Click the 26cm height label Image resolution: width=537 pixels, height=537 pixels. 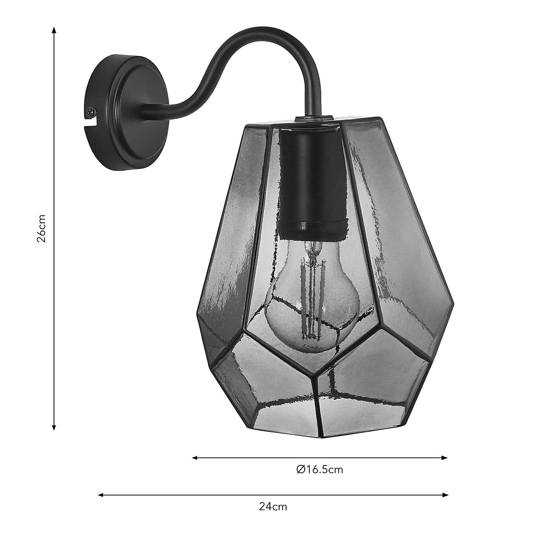click(42, 228)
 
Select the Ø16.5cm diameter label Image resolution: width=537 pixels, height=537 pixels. click(320, 469)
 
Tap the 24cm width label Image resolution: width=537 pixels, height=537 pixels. click(273, 506)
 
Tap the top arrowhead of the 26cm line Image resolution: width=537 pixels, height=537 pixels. click(54, 30)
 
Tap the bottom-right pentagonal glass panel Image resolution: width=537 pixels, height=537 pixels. click(371, 387)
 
